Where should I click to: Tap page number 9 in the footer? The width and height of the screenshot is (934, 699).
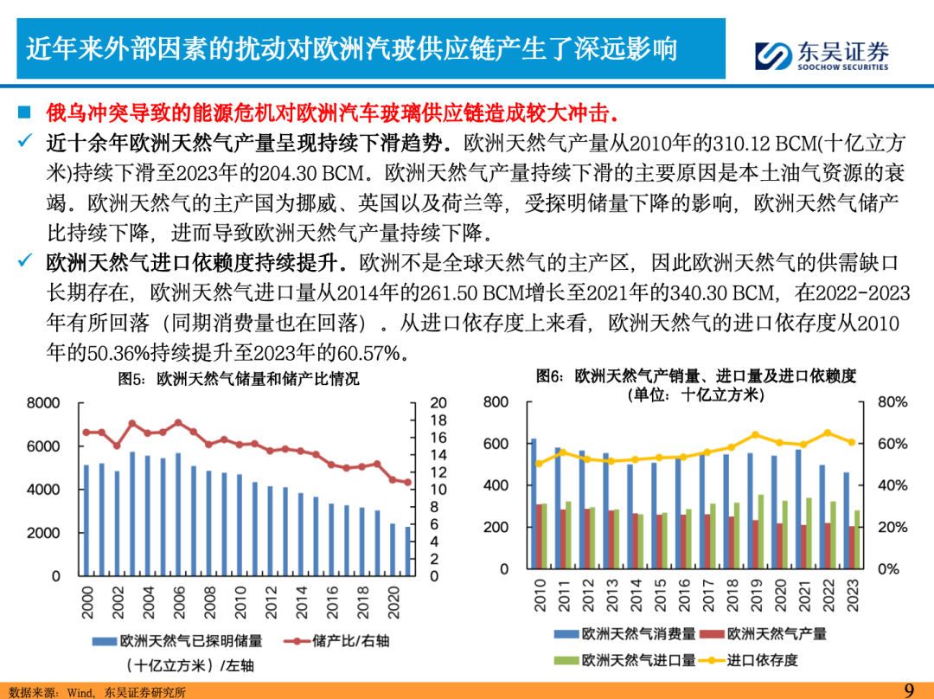[x=909, y=689]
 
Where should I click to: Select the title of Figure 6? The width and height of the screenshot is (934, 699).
[x=696, y=375]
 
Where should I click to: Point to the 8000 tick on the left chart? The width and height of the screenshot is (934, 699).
[x=43, y=403]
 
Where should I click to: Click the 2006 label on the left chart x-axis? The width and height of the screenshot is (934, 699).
[x=179, y=602]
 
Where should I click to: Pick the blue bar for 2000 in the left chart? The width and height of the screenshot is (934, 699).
[x=86, y=519]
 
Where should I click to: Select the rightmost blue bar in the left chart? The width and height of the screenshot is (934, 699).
[x=407, y=551]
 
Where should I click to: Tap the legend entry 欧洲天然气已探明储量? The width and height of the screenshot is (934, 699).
[x=181, y=641]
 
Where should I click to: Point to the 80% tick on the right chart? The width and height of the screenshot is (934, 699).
[x=892, y=402]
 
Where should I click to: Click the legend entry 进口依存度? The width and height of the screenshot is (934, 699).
[x=754, y=660]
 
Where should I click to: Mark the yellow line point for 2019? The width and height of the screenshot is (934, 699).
[x=755, y=435]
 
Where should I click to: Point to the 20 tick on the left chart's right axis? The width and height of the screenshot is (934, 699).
[x=438, y=403]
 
